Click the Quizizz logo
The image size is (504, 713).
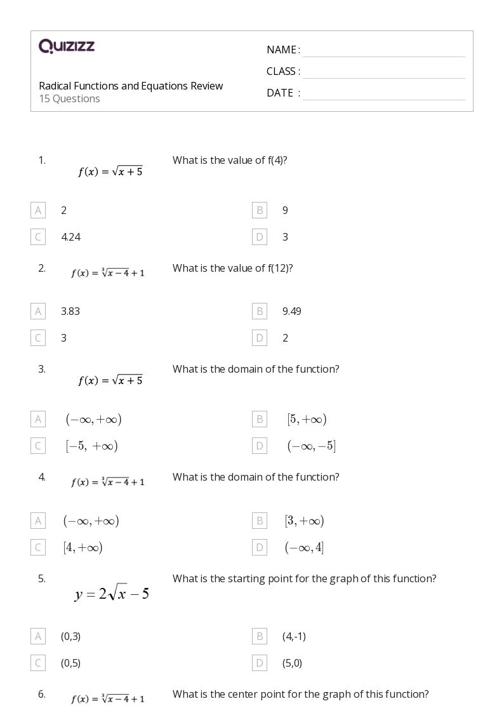67,46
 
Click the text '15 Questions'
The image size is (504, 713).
69,99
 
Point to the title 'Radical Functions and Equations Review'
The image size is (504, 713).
131,86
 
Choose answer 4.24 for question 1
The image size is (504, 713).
70,237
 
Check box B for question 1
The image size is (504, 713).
259,210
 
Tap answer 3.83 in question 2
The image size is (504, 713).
70,311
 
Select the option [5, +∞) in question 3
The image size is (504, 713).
307,419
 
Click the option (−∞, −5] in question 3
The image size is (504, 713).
311,446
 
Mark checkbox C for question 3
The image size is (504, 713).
38,446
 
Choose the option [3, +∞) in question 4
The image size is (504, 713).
304,521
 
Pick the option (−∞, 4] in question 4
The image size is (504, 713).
304,547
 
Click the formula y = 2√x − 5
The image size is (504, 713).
112,594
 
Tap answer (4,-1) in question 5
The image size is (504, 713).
294,636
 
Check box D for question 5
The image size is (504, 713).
259,663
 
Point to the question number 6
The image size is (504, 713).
42,694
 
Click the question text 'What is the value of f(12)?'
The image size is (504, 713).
232,268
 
